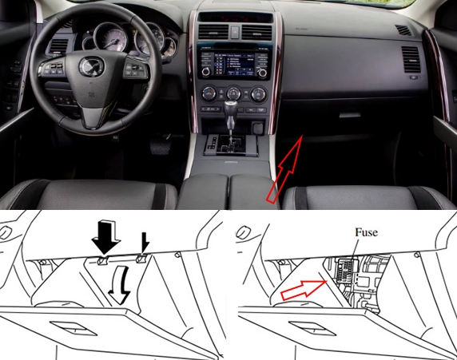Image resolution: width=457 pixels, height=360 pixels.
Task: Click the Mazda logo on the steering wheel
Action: [91, 67]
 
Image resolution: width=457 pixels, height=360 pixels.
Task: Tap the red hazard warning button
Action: [235, 32]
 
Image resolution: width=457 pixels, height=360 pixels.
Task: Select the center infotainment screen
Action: [234, 64]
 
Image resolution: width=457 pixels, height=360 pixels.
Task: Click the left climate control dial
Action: [209, 93]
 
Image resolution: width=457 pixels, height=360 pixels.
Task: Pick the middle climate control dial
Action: [233, 93]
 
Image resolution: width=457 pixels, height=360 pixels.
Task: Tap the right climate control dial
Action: [259, 93]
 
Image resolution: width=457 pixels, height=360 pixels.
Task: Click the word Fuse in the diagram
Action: [367, 232]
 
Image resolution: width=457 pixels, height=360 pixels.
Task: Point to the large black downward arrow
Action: [105, 236]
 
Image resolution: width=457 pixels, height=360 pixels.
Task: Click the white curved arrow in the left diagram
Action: [119, 286]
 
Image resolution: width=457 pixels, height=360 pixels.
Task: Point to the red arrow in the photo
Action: [284, 169]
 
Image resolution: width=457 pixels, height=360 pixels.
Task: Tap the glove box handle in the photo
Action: [350, 115]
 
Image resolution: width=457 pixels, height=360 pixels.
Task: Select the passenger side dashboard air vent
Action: [411, 59]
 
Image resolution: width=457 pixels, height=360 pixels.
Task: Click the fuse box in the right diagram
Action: [347, 271]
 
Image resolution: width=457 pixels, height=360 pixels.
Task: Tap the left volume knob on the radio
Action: [206, 72]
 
